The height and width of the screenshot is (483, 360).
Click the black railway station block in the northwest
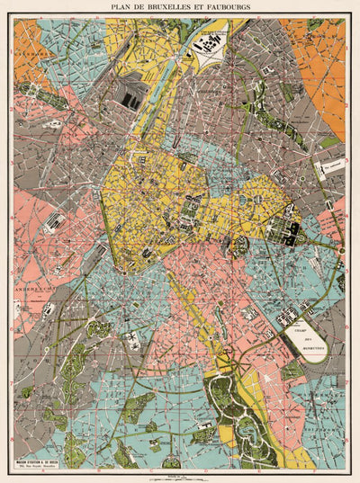[131, 102]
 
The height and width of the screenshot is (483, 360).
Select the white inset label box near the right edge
[327, 167]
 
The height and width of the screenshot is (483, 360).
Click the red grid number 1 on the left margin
[10, 51]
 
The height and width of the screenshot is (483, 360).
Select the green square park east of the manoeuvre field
[292, 371]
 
